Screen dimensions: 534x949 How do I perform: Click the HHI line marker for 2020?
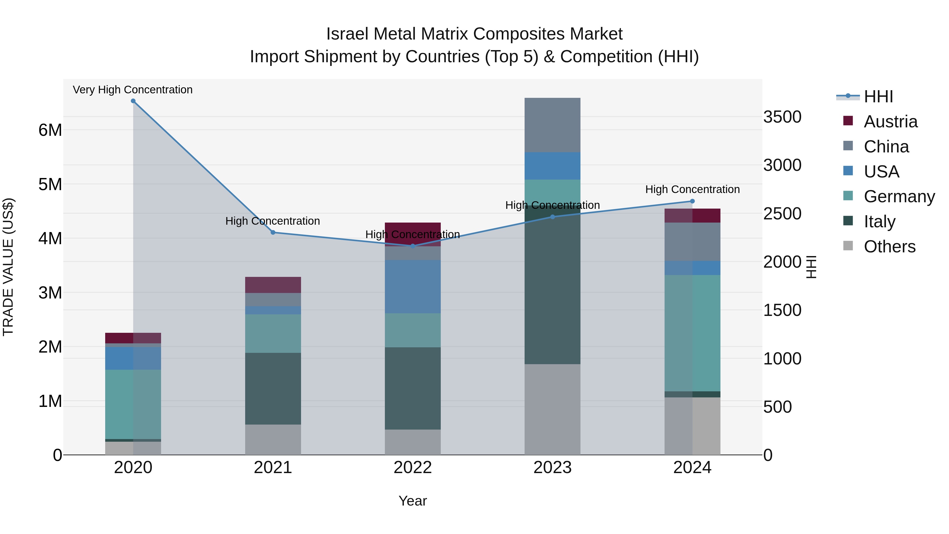133,101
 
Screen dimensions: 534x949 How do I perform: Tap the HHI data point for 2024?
692,201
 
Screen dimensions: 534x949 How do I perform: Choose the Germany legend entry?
899,196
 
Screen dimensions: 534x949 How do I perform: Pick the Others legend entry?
889,247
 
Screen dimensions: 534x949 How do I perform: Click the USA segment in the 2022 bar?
413,287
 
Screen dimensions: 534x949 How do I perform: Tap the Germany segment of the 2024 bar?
692,333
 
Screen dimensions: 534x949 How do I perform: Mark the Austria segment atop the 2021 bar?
273,285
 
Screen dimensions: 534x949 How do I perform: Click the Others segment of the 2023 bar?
552,409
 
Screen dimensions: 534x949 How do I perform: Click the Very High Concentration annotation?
133,90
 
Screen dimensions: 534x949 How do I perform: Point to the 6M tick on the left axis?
50,130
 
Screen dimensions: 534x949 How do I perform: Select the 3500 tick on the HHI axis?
782,117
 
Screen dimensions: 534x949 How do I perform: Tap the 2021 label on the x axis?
273,468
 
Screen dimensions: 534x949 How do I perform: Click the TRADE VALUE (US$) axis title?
8,267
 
